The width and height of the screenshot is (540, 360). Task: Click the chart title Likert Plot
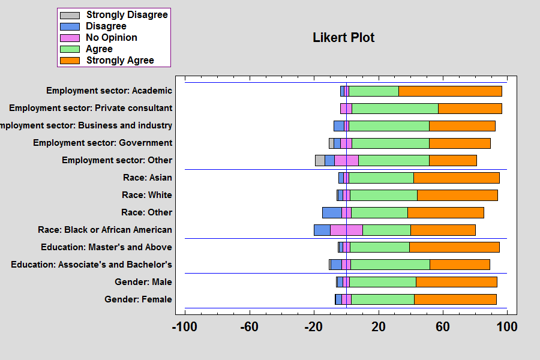coord(343,37)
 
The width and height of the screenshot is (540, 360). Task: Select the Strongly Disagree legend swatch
coord(70,15)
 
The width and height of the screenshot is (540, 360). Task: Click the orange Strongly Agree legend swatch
coord(70,61)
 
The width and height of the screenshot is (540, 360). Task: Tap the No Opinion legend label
coord(111,38)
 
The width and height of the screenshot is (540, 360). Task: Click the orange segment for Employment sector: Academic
coord(450,91)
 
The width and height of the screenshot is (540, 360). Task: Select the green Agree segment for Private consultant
coord(395,109)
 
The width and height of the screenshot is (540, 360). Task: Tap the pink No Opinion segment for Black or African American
coord(346,230)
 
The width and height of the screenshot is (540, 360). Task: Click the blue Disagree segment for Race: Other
coord(332,212)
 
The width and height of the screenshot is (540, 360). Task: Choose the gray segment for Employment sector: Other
coord(320,160)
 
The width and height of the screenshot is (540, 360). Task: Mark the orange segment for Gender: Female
coord(455,299)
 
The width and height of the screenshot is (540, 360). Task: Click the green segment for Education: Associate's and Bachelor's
coord(390,265)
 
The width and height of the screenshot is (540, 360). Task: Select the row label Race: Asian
coord(146,178)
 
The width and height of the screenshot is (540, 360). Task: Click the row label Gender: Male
coord(143,282)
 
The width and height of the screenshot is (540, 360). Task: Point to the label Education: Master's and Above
coord(106,247)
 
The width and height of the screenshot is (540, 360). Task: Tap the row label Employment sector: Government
coord(103,143)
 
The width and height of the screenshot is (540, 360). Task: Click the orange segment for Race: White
coord(457,195)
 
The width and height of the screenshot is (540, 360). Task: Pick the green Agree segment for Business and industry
coord(389,126)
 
